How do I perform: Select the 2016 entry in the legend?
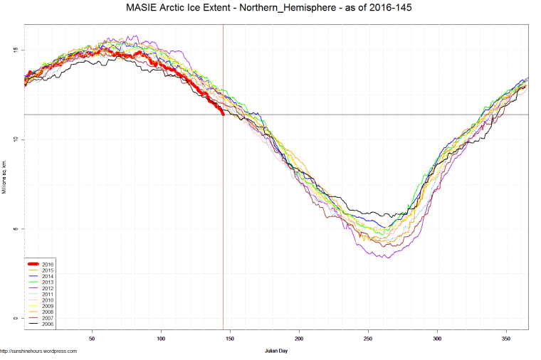point(48,264)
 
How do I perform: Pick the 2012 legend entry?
point(48,288)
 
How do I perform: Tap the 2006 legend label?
point(48,324)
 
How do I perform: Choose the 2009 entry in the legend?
point(48,306)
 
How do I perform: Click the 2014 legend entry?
point(48,276)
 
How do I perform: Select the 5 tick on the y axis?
point(17,228)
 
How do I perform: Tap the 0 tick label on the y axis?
point(17,318)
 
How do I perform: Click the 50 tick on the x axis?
point(92,339)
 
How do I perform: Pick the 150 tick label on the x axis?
point(230,339)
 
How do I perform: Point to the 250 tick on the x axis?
point(368,339)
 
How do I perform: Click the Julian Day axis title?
point(275,351)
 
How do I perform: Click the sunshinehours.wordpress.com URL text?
point(38,351)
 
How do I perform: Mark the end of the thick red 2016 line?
point(223,114)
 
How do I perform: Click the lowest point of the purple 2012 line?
point(387,257)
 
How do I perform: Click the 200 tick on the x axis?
point(299,339)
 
